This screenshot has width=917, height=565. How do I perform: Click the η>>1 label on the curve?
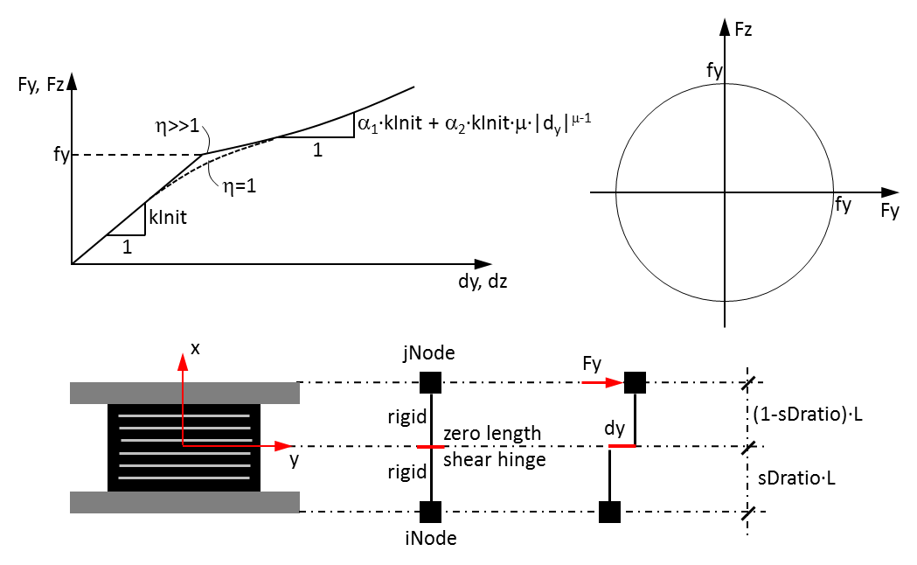(x=177, y=125)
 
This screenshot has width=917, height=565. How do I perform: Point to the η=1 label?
(x=240, y=186)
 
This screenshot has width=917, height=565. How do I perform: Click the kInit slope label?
(x=168, y=217)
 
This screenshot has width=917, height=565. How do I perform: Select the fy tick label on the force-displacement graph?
(x=61, y=155)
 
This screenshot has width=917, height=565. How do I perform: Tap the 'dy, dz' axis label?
(x=483, y=282)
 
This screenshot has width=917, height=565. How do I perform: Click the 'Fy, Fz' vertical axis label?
(x=40, y=84)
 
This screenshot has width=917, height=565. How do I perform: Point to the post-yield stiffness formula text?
(x=475, y=123)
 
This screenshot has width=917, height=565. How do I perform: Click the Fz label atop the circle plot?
(x=743, y=29)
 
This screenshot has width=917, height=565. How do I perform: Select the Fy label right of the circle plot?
(x=890, y=211)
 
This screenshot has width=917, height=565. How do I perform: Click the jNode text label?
(x=428, y=352)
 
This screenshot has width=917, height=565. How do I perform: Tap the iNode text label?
(x=430, y=538)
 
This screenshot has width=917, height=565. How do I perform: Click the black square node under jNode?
(x=431, y=382)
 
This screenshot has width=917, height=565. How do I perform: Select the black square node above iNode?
(x=431, y=512)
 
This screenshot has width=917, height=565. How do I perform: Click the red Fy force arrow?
(x=602, y=382)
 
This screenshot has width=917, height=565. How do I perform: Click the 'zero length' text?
(x=492, y=434)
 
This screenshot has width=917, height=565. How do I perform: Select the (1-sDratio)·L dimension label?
(x=807, y=414)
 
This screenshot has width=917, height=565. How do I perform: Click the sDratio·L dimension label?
(x=796, y=478)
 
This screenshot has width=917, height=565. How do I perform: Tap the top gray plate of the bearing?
(x=184, y=393)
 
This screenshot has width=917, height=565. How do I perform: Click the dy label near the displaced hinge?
(x=615, y=429)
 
